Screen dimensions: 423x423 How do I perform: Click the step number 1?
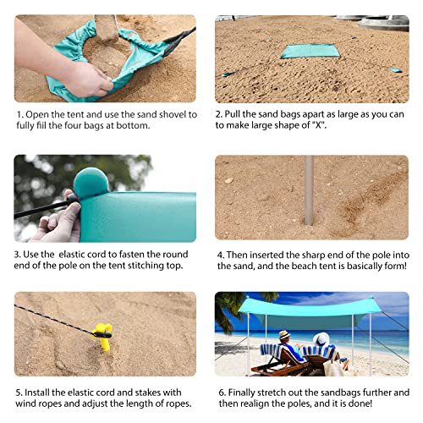pyautogui.click(x=18, y=114)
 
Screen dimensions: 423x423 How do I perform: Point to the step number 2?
pyautogui.click(x=218, y=114)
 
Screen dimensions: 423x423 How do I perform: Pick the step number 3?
pyautogui.click(x=18, y=253)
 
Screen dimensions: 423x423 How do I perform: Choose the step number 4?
pyautogui.click(x=221, y=253)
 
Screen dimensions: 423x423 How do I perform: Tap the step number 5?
pyautogui.click(x=18, y=392)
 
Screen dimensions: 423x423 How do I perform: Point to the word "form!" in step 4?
pyautogui.click(x=392, y=265)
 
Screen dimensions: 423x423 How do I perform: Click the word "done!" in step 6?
pyautogui.click(x=392, y=404)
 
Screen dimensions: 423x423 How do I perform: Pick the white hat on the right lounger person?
pyautogui.click(x=322, y=338)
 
